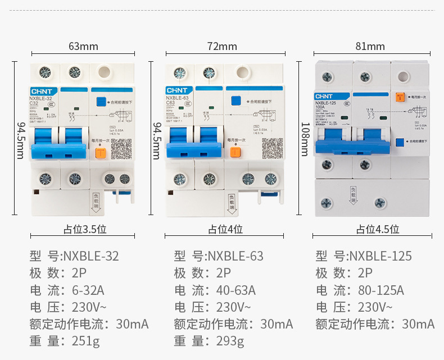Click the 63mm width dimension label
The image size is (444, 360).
(x=83, y=46)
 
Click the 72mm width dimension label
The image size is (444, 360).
(x=222, y=46)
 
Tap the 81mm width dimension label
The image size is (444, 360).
(x=370, y=46)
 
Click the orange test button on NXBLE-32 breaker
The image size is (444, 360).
(x=101, y=151)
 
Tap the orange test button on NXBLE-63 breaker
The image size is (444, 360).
(x=236, y=152)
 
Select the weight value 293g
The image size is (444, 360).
(x=230, y=341)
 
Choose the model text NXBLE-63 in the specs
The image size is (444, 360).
(x=235, y=257)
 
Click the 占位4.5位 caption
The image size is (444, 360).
(x=378, y=229)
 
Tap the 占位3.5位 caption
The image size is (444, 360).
(x=84, y=229)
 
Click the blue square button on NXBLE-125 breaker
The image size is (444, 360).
(x=400, y=143)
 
